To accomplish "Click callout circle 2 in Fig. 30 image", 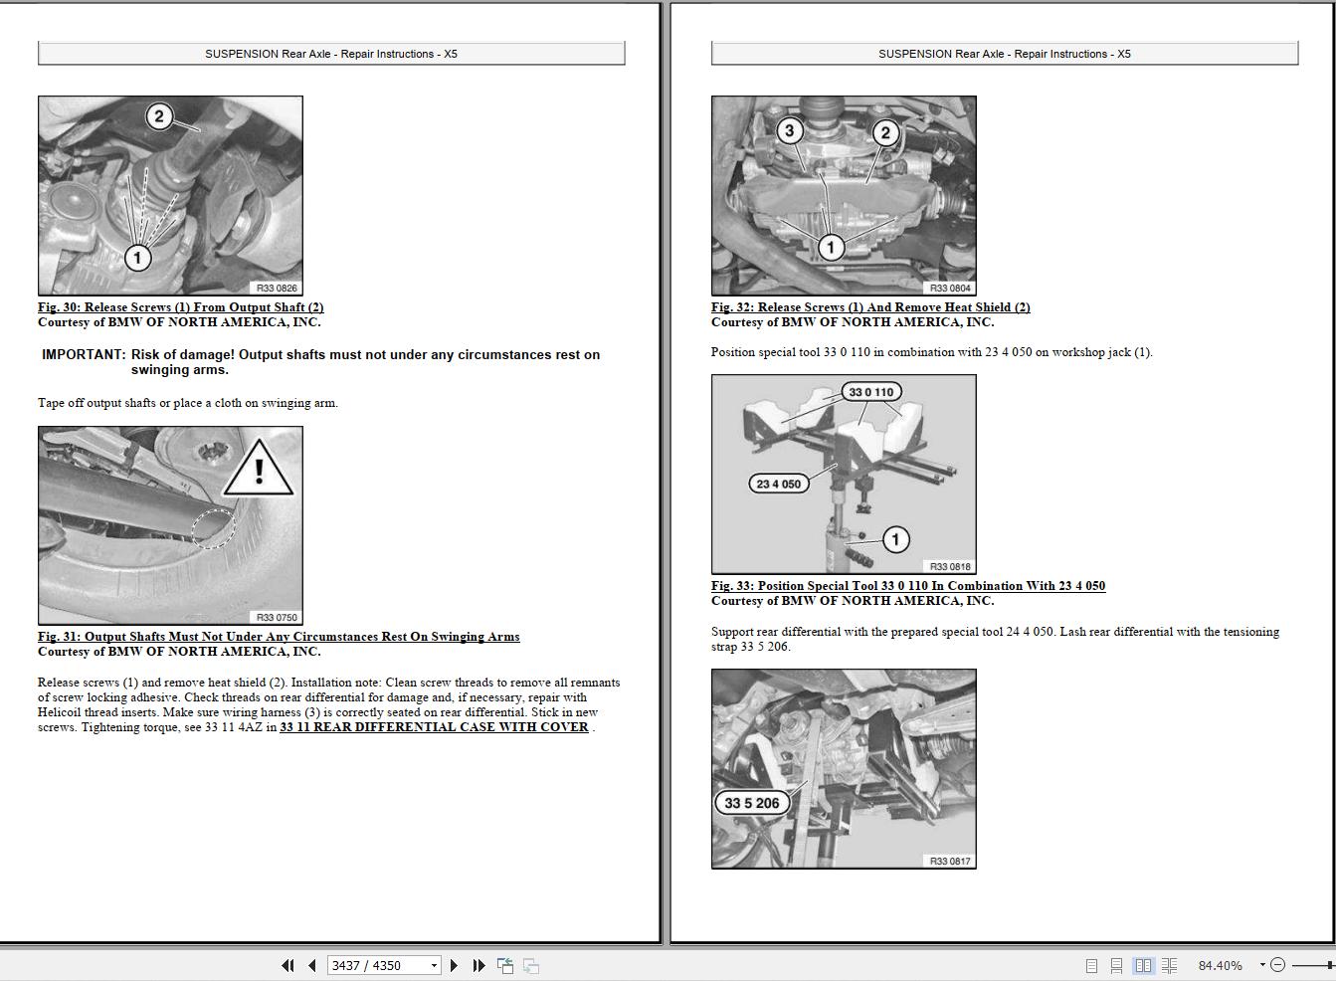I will pyautogui.click(x=158, y=116).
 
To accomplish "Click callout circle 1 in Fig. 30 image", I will pyautogui.click(x=137, y=258).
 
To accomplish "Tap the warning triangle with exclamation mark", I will pyautogui.click(x=259, y=470).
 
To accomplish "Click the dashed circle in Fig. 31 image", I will pyautogui.click(x=214, y=528).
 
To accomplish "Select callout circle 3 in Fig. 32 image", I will pyautogui.click(x=790, y=130).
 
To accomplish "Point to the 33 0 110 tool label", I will pyautogui.click(x=870, y=392).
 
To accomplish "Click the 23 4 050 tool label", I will pyautogui.click(x=778, y=484).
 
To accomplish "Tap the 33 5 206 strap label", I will pyautogui.click(x=751, y=803).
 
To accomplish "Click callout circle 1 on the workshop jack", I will pyautogui.click(x=895, y=539).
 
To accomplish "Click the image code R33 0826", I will pyautogui.click(x=277, y=288).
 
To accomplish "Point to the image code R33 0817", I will pyautogui.click(x=950, y=861).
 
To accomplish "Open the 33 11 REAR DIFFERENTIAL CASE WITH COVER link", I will pyautogui.click(x=434, y=727).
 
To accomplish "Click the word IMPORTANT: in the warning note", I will pyautogui.click(x=84, y=355).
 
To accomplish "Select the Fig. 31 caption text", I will pyautogui.click(x=279, y=637).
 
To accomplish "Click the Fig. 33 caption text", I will pyautogui.click(x=907, y=586).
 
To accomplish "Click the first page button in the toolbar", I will pyautogui.click(x=288, y=965).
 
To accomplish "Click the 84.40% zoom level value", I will pyautogui.click(x=1220, y=965).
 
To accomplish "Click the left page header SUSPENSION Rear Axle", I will pyautogui.click(x=331, y=54).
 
